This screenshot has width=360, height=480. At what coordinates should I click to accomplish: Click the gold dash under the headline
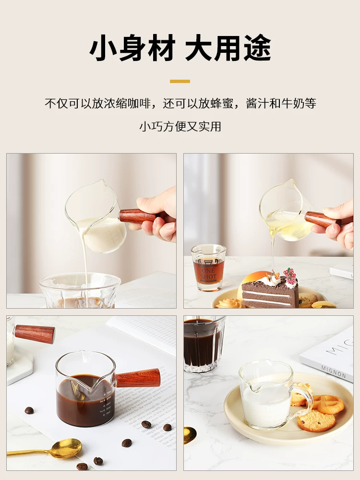click(180, 81)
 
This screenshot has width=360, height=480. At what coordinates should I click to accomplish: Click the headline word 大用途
click(228, 48)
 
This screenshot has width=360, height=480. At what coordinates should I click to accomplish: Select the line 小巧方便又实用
click(180, 127)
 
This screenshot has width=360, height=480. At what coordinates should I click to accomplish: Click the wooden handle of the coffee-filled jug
click(138, 378)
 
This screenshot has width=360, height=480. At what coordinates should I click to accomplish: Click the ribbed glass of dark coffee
click(204, 343)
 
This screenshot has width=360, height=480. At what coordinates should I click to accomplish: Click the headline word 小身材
click(132, 48)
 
